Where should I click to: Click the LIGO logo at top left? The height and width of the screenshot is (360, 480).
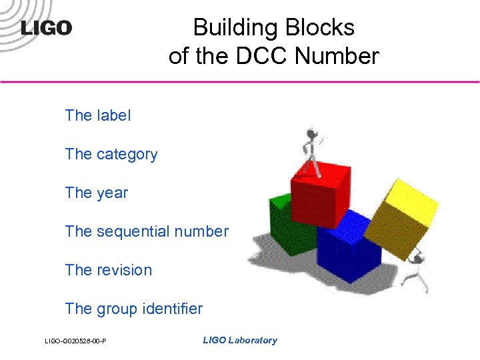(x=46, y=28)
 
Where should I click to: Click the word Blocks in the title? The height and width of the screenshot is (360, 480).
(x=320, y=28)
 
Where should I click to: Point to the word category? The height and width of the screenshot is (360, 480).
(x=127, y=155)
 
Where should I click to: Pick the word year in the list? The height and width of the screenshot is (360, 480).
(x=112, y=193)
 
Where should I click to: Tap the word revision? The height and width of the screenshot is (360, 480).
(x=124, y=271)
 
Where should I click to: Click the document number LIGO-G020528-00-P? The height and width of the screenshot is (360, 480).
(x=76, y=342)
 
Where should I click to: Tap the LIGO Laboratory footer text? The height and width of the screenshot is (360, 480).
(x=239, y=341)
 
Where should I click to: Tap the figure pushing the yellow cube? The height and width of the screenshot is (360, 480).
(x=419, y=270)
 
